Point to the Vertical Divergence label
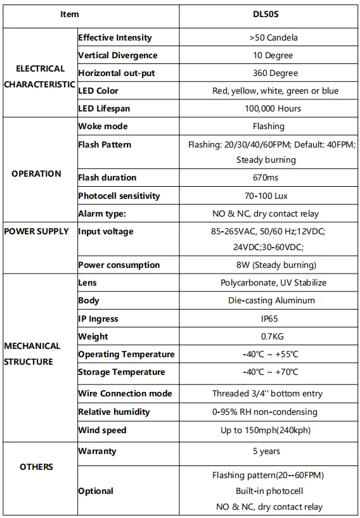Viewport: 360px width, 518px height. (x=117, y=56)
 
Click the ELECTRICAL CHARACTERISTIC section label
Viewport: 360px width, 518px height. (x=40, y=77)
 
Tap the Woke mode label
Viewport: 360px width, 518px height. (x=103, y=127)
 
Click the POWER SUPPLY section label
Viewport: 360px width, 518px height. (x=37, y=232)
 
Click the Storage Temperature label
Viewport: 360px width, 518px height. (x=122, y=372)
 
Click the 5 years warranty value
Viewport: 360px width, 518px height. (x=266, y=452)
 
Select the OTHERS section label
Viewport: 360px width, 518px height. (x=37, y=467)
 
